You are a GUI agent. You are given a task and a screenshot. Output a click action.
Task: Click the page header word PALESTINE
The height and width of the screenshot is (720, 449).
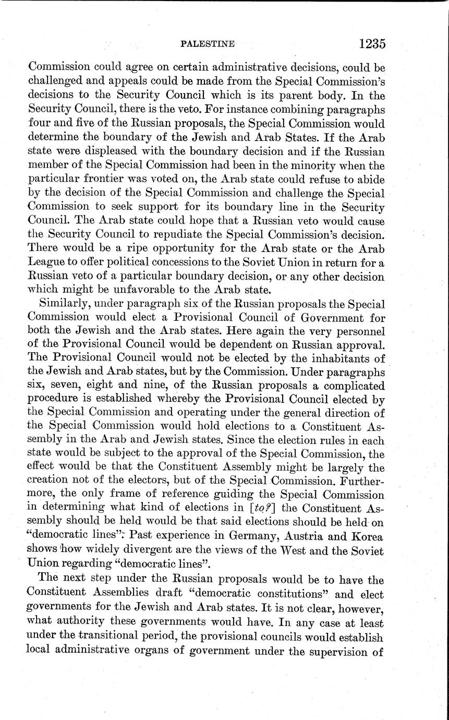point(207,45)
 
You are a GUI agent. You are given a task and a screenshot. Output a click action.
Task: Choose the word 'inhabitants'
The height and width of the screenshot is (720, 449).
point(333,359)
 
